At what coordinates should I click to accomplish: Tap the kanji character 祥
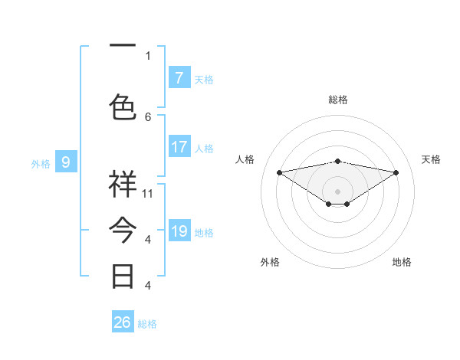(x=123, y=184)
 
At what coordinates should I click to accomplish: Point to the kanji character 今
(x=123, y=230)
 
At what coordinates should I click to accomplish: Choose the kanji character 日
(x=123, y=276)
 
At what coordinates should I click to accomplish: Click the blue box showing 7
(x=179, y=78)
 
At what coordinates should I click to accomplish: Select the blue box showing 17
(x=179, y=147)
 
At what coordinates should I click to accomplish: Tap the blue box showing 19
(x=179, y=231)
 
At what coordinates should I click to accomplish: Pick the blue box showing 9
(x=66, y=162)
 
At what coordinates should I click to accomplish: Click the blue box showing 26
(x=123, y=322)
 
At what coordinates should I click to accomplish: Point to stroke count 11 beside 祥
(x=148, y=194)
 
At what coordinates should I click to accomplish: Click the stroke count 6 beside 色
(x=148, y=116)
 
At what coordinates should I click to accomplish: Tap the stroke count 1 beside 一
(x=148, y=55)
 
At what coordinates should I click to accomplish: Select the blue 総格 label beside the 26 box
(x=147, y=324)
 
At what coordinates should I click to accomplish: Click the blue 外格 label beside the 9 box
(x=41, y=163)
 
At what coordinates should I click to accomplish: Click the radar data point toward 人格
(x=279, y=172)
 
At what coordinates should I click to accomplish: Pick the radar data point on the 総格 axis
(x=337, y=161)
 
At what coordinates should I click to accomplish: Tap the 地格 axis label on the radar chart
(x=402, y=262)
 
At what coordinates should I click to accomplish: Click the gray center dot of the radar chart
(x=337, y=190)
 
